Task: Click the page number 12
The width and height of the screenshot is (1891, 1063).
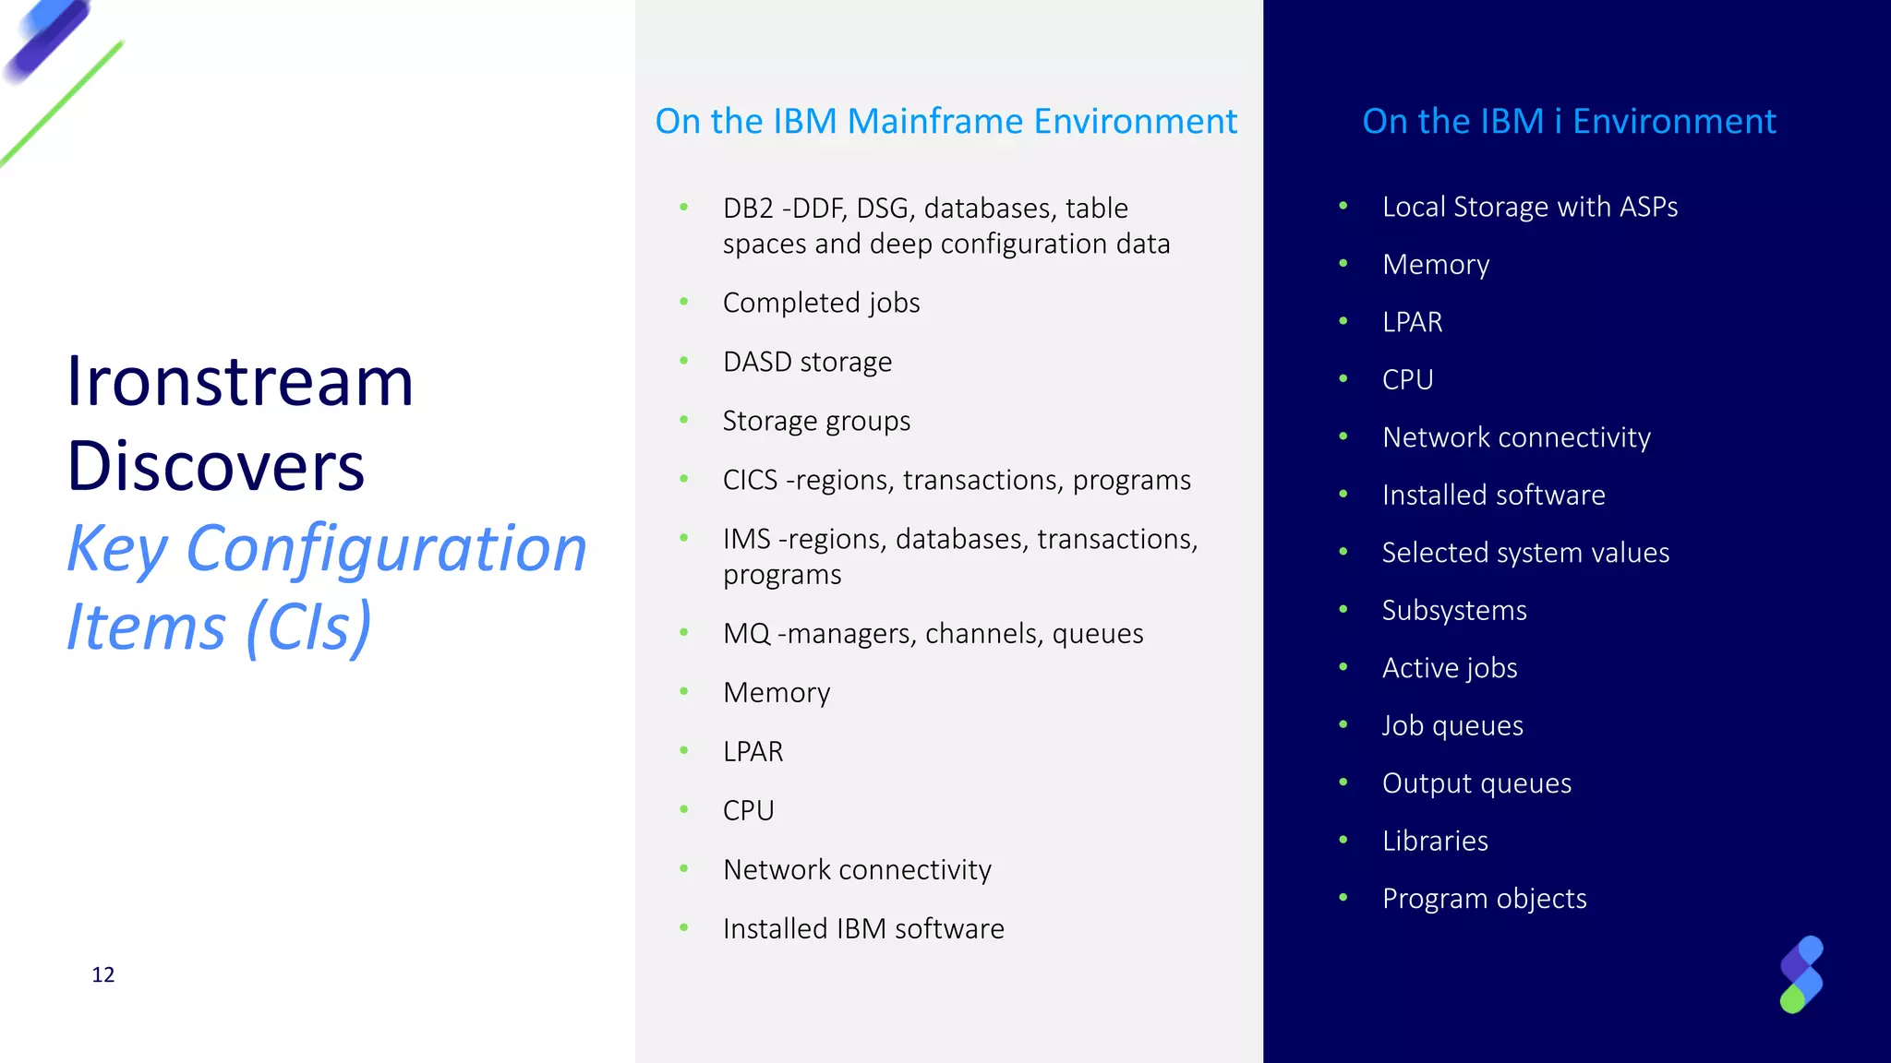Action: pos(102,974)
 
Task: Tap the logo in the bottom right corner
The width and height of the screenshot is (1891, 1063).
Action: pos(1801,974)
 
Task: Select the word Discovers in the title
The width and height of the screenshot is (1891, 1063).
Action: pos(216,465)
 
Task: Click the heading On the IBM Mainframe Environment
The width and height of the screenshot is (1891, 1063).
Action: pos(945,121)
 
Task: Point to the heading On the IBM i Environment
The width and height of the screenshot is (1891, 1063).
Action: pos(1569,121)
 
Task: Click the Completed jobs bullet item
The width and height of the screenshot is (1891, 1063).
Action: pos(821,303)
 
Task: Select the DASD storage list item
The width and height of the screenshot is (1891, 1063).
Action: pos(807,362)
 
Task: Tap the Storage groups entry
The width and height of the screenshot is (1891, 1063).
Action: pos(816,421)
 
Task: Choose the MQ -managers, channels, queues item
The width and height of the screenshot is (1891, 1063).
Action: pos(933,633)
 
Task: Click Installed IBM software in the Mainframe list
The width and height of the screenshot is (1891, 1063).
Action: pos(863,928)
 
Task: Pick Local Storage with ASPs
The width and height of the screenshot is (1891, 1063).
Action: pos(1530,207)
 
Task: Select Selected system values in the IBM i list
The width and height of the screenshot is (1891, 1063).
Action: pos(1525,553)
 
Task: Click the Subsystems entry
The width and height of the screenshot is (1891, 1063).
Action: pos(1454,610)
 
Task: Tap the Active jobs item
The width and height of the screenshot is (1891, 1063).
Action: pos(1450,668)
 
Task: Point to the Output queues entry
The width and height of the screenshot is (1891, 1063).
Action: pos(1476,783)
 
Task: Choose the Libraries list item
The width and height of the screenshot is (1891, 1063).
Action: pos(1435,841)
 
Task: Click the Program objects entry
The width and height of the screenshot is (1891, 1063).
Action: pos(1484,899)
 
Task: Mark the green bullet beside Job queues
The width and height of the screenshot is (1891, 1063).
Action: pos(1343,724)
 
